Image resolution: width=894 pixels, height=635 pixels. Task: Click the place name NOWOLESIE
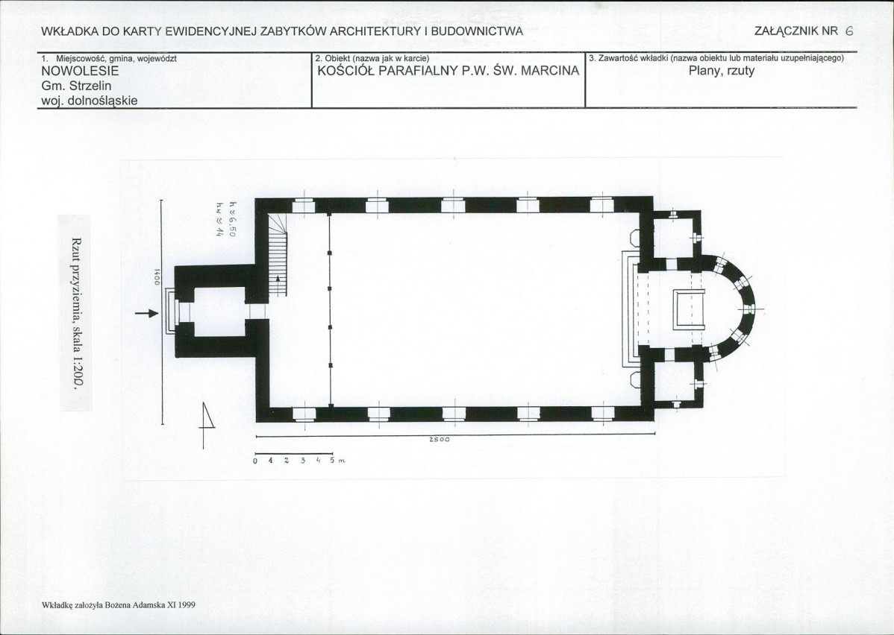tap(80, 72)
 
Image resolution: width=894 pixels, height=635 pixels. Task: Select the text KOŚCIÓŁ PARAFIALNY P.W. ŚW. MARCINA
tap(448, 71)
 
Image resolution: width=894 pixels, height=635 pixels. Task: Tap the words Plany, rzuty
tap(721, 72)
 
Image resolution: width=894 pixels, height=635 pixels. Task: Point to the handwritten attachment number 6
tap(848, 31)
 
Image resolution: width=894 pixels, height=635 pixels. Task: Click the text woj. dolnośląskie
tap(90, 101)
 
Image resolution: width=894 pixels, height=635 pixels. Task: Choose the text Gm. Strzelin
tap(76, 86)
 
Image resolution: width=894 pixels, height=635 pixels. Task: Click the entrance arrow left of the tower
tap(147, 313)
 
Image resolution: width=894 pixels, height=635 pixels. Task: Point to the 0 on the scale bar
tap(255, 461)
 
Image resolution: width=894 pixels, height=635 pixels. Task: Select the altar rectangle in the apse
tap(690, 309)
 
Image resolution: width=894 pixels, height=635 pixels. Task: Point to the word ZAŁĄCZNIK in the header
tap(787, 31)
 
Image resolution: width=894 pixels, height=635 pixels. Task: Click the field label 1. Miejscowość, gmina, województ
tap(109, 58)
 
